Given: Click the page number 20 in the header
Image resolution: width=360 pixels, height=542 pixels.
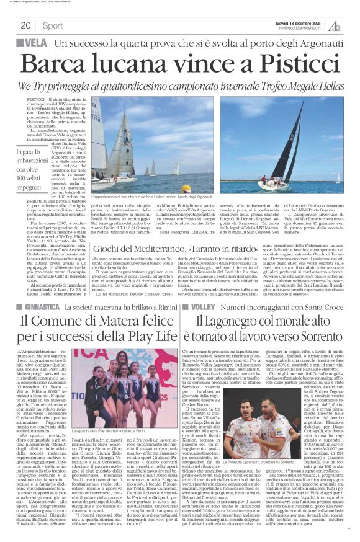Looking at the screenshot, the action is [x=25, y=25].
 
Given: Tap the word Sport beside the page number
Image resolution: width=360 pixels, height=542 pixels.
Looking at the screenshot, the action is [x=53, y=25].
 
